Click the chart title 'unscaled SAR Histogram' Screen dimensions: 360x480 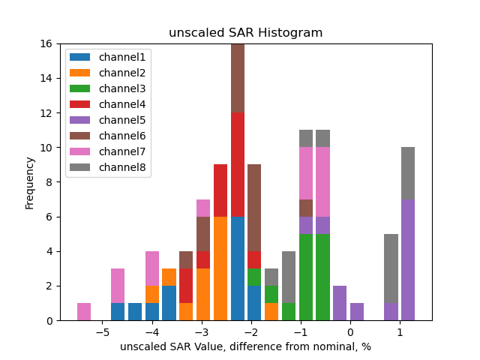(245, 33)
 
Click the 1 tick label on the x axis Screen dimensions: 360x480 (399, 331)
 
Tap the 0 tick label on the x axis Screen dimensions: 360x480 (349, 331)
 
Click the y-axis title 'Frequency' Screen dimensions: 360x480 (30, 182)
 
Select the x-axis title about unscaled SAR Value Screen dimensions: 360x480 (245, 346)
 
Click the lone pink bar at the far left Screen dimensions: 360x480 (84, 312)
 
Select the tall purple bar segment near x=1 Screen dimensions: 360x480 (407, 259)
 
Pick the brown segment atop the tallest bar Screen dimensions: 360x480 (238, 78)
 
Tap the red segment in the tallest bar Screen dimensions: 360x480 (238, 164)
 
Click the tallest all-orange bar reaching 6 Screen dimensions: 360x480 (220, 268)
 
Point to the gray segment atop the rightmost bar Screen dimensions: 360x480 (407, 173)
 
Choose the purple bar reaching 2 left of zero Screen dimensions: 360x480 (340, 303)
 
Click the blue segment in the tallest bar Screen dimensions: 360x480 (238, 268)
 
